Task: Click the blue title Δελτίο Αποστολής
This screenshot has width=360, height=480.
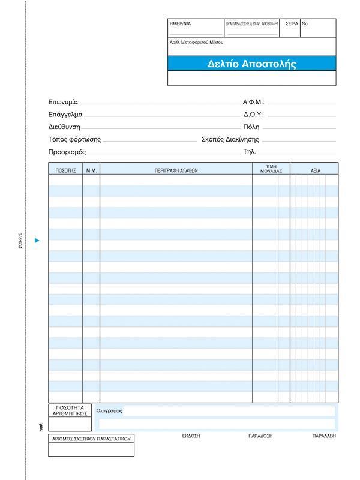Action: (x=252, y=64)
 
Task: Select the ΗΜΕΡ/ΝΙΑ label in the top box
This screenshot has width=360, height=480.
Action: (x=180, y=23)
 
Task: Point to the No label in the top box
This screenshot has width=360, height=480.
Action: (x=305, y=23)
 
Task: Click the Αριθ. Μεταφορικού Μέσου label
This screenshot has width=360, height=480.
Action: (x=197, y=43)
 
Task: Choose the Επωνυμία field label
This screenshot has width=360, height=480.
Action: (x=64, y=102)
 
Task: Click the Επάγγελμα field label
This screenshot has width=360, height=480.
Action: (x=66, y=115)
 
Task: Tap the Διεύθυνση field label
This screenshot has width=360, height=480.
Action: (x=64, y=127)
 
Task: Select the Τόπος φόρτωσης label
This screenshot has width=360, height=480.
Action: (x=75, y=140)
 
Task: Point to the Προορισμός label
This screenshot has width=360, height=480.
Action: (x=67, y=152)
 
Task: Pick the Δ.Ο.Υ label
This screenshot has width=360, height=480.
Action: (x=253, y=115)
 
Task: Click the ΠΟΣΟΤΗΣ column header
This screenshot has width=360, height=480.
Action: (x=65, y=171)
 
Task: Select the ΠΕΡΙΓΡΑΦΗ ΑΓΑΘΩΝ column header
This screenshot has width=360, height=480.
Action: (x=176, y=171)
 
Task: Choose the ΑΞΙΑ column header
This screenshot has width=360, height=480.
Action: (x=316, y=171)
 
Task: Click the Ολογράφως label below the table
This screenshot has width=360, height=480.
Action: (x=109, y=411)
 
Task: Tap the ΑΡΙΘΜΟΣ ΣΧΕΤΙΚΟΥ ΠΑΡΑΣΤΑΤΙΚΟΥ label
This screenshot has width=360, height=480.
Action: (x=91, y=439)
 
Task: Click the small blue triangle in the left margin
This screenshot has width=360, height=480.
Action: (x=37, y=241)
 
